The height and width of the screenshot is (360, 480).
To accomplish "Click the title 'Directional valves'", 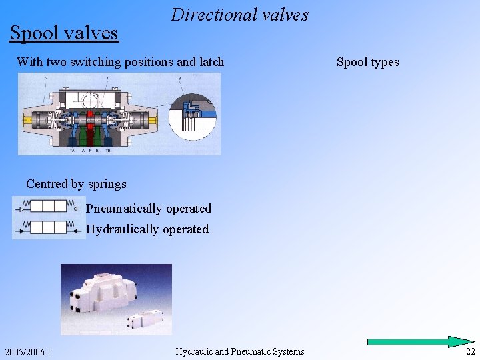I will coord(239,15).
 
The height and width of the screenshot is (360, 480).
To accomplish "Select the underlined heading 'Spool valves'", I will coord(63,32).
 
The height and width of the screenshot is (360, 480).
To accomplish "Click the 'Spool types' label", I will coord(367,62).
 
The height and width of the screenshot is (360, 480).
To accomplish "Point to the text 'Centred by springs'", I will coord(76,183).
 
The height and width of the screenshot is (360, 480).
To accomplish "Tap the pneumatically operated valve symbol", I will coord(49,206).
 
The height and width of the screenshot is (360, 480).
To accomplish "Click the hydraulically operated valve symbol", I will coord(49,227).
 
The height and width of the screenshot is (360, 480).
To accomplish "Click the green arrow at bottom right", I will coord(421,341).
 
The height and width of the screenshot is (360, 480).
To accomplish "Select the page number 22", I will coord(471,351).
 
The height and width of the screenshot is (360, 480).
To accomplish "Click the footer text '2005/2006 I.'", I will coord(29,351).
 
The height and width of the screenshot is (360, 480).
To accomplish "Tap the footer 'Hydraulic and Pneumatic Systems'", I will coord(239,351).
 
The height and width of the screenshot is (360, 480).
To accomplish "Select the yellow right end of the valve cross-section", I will coord(155,121).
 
